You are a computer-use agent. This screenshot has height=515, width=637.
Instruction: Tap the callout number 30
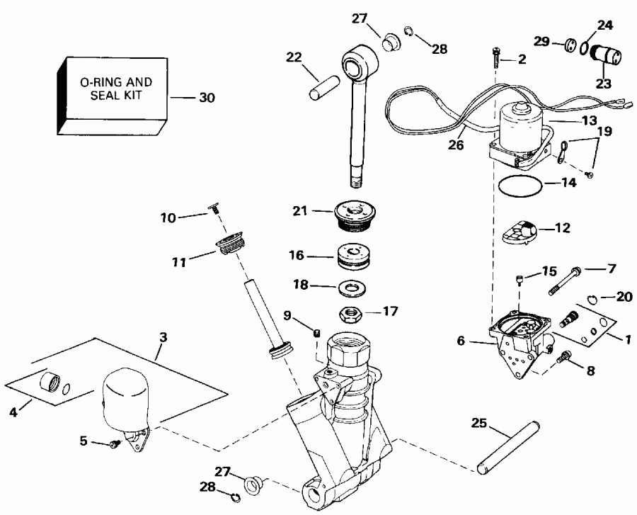point(207,98)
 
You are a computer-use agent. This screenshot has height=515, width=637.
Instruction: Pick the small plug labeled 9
point(318,333)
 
